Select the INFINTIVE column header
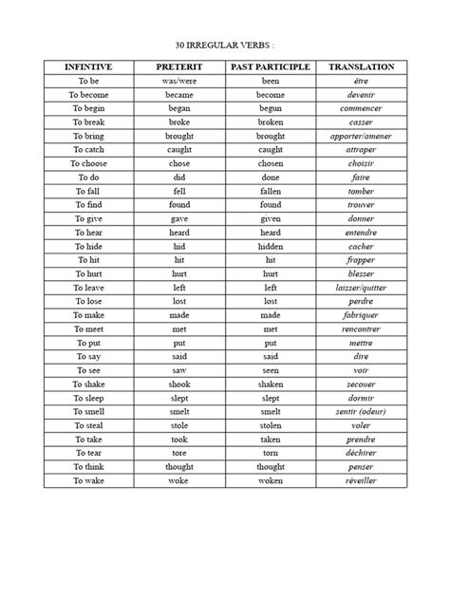[88, 67]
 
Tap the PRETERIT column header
[179, 67]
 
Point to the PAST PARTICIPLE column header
[270, 67]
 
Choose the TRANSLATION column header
[361, 67]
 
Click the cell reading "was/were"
[179, 82]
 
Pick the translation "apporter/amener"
[361, 136]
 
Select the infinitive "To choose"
[88, 163]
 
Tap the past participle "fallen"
[270, 191]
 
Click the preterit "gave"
[179, 218]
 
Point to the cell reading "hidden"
[270, 245]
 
